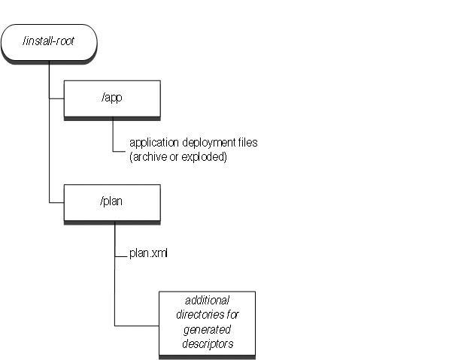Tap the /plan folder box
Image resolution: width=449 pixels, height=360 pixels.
[x=112, y=202]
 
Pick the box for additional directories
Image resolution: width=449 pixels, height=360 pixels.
[x=207, y=323]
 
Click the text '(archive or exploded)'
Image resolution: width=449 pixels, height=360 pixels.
[x=177, y=157]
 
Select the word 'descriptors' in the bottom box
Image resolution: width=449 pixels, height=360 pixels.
[x=207, y=343]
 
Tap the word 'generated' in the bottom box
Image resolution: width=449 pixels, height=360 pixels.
[x=207, y=329]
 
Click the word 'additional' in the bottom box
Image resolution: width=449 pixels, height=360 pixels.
[x=207, y=301]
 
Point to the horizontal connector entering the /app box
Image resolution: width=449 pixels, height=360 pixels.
[x=56, y=98]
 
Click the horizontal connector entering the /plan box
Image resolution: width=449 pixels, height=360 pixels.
[x=56, y=202]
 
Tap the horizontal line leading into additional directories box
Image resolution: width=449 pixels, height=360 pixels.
[x=136, y=325]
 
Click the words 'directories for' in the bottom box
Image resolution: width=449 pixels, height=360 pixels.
[x=207, y=316]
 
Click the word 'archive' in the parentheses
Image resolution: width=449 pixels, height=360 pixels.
[x=147, y=157]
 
